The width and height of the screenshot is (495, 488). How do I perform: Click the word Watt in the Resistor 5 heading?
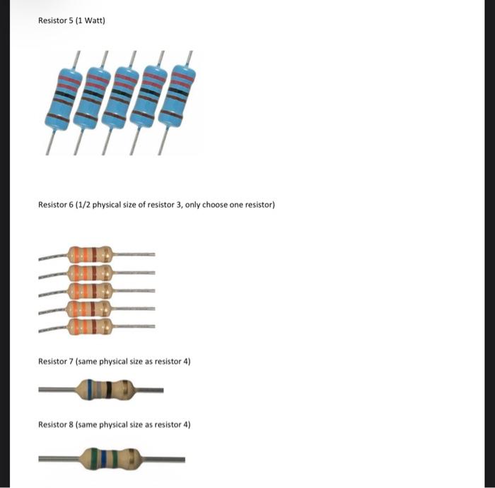91,20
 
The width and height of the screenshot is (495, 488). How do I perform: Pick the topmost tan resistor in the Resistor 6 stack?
91,254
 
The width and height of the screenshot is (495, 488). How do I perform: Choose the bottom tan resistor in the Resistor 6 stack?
91,326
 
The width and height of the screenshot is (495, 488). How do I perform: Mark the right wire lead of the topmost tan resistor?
134,254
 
